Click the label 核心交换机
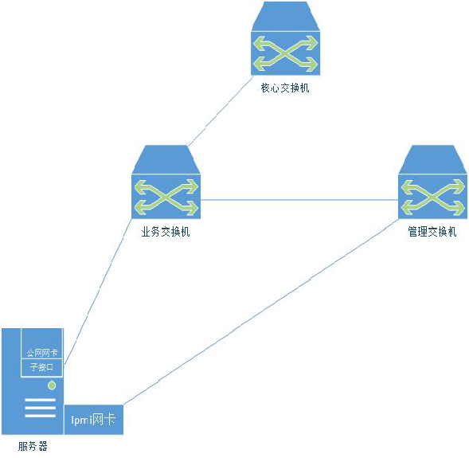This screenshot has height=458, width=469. pos(285,88)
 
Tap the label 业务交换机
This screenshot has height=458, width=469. pos(166,233)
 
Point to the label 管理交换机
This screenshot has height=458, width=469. pos(432,233)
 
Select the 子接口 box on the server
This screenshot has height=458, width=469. pos(41,367)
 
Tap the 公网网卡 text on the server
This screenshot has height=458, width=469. pos(41,352)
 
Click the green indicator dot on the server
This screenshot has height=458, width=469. pos(52,386)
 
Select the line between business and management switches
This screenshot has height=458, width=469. pos(299,198)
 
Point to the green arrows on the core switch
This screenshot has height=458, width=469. pos(285,51)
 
